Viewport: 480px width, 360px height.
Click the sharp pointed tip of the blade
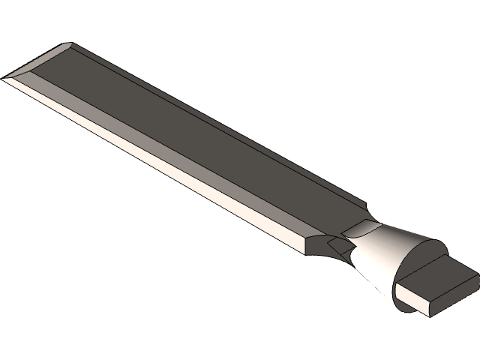[x=4, y=77]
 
